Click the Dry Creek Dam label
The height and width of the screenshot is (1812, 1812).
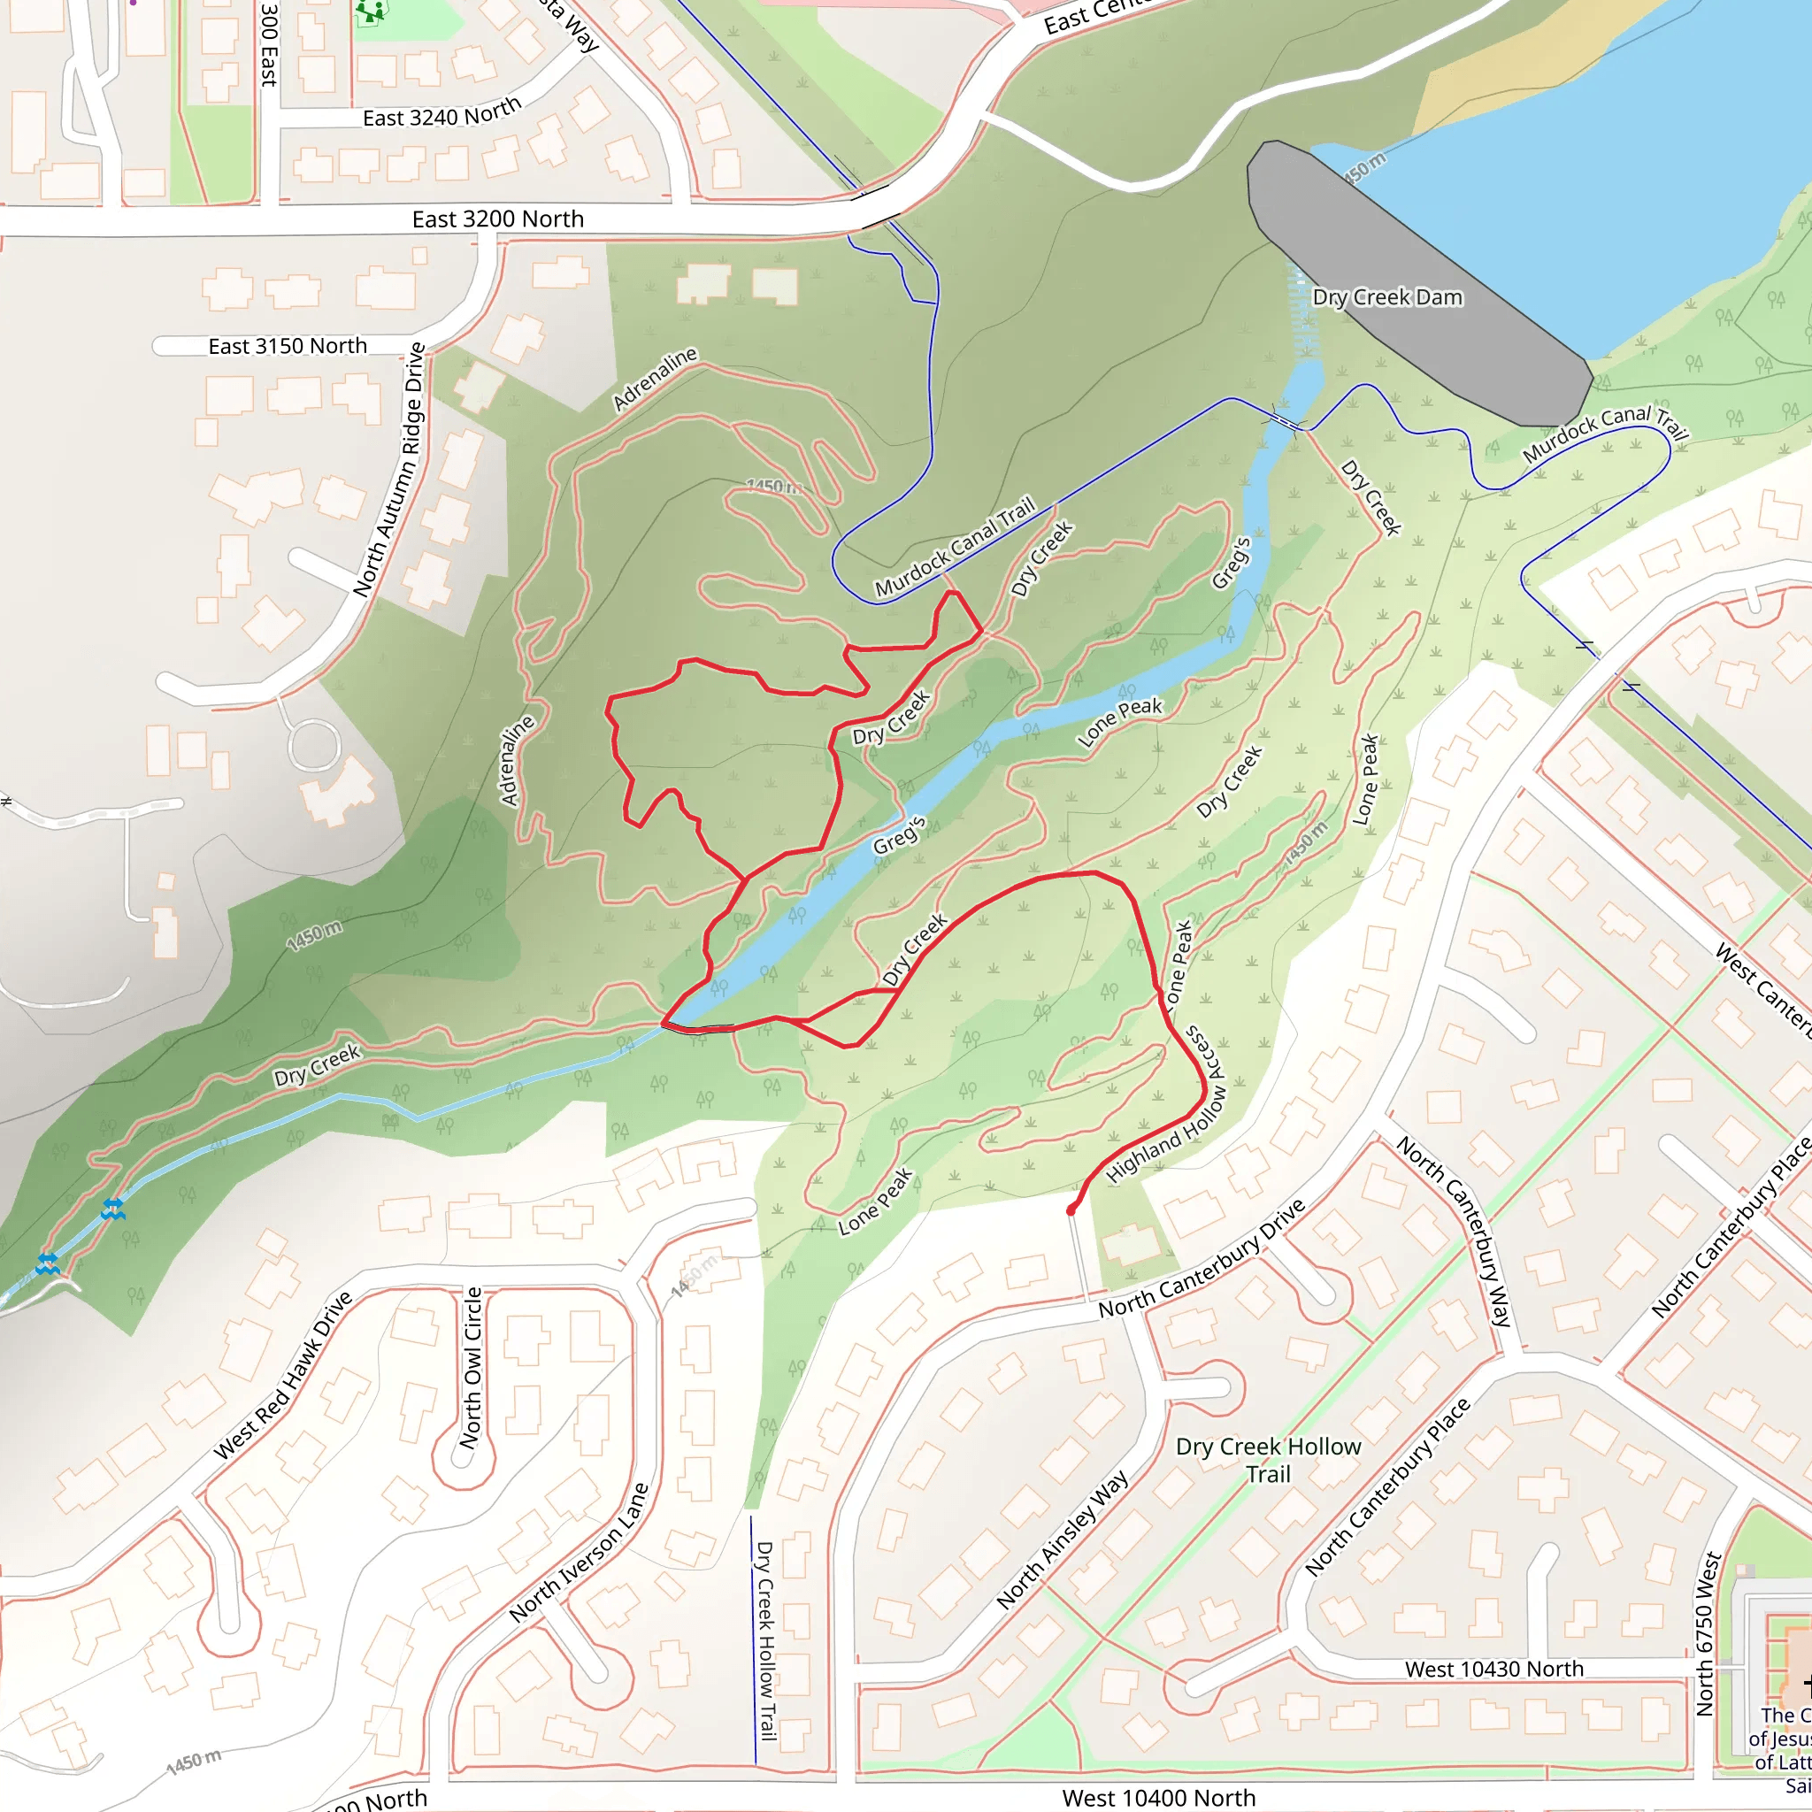pos(1387,297)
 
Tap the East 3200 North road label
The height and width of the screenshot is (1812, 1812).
pos(498,219)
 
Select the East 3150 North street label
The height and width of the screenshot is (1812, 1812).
pos(288,346)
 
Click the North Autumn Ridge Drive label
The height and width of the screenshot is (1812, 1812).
pos(388,470)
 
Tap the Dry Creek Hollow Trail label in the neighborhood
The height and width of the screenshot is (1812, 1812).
pos(1268,1460)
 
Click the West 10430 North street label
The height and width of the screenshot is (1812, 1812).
pos(1494,1669)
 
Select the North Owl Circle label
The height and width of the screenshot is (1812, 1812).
pos(472,1366)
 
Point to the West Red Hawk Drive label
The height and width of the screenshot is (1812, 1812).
pos(282,1375)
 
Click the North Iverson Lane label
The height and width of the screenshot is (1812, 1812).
pos(579,1552)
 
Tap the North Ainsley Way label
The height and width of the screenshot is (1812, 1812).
pos(1062,1540)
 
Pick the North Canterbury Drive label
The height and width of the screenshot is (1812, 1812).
pos(1202,1260)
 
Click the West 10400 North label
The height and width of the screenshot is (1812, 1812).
pos(1158,1798)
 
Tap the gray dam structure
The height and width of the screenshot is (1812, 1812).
pos(1417,281)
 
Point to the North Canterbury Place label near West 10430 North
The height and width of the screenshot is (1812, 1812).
pos(1388,1486)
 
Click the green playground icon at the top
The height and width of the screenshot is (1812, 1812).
pos(372,11)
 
